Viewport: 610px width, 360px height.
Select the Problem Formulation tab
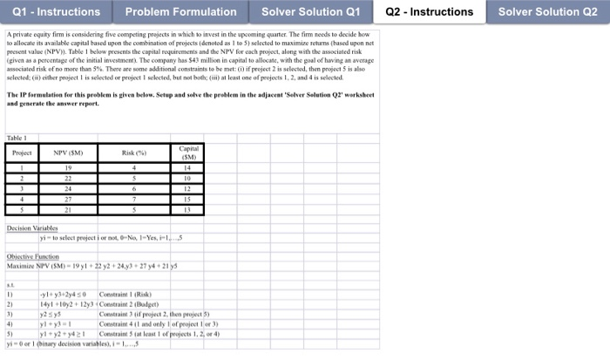tap(180, 12)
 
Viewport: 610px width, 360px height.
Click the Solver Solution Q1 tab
tap(310, 12)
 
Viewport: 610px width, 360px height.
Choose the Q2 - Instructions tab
tap(432, 12)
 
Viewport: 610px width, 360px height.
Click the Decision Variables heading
tap(31, 228)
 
